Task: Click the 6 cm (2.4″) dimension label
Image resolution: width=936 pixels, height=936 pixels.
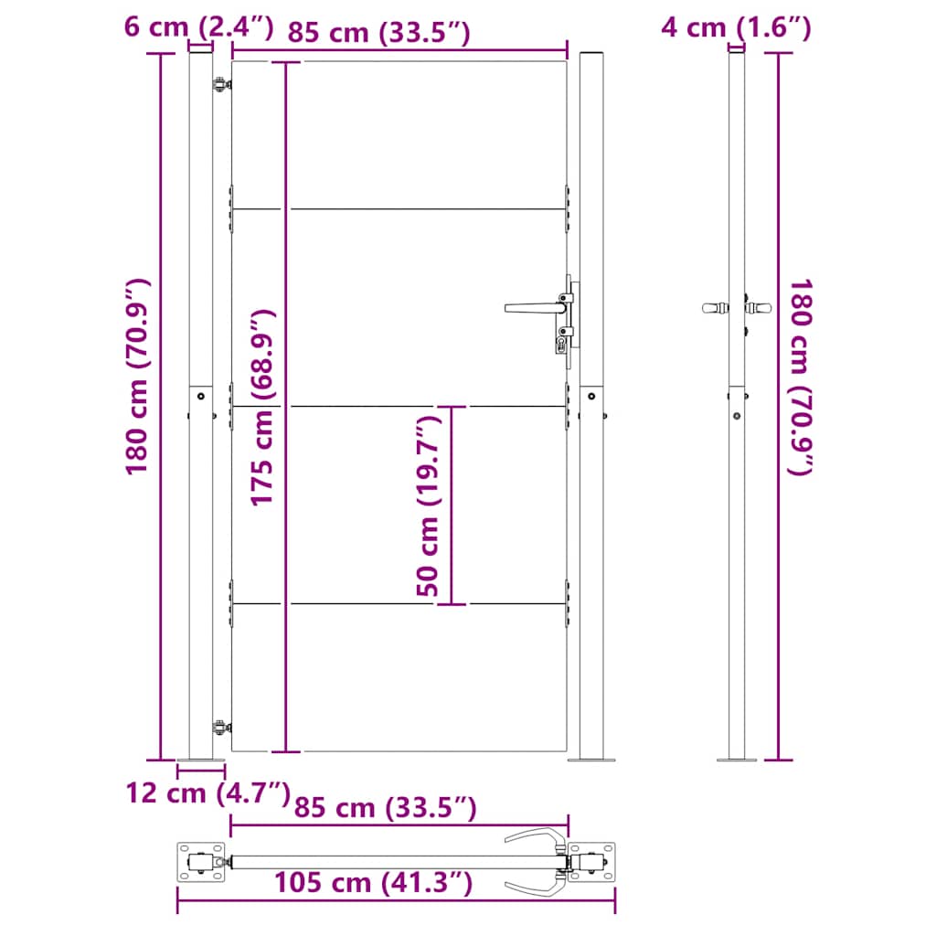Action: (x=198, y=27)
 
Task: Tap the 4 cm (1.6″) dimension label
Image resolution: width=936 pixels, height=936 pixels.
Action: (x=736, y=27)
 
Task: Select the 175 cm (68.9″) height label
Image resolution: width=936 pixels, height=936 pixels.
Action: (x=262, y=408)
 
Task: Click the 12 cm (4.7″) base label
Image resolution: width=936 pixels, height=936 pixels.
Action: (x=207, y=793)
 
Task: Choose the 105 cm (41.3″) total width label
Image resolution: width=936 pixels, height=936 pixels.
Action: (x=374, y=882)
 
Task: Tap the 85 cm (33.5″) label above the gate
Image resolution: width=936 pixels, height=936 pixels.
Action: (x=379, y=32)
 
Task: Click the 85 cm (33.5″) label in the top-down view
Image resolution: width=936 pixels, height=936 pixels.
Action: (x=386, y=808)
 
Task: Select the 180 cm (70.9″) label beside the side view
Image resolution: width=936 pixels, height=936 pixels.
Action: (x=801, y=378)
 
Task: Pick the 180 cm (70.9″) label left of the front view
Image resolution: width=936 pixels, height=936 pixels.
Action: (x=137, y=378)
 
